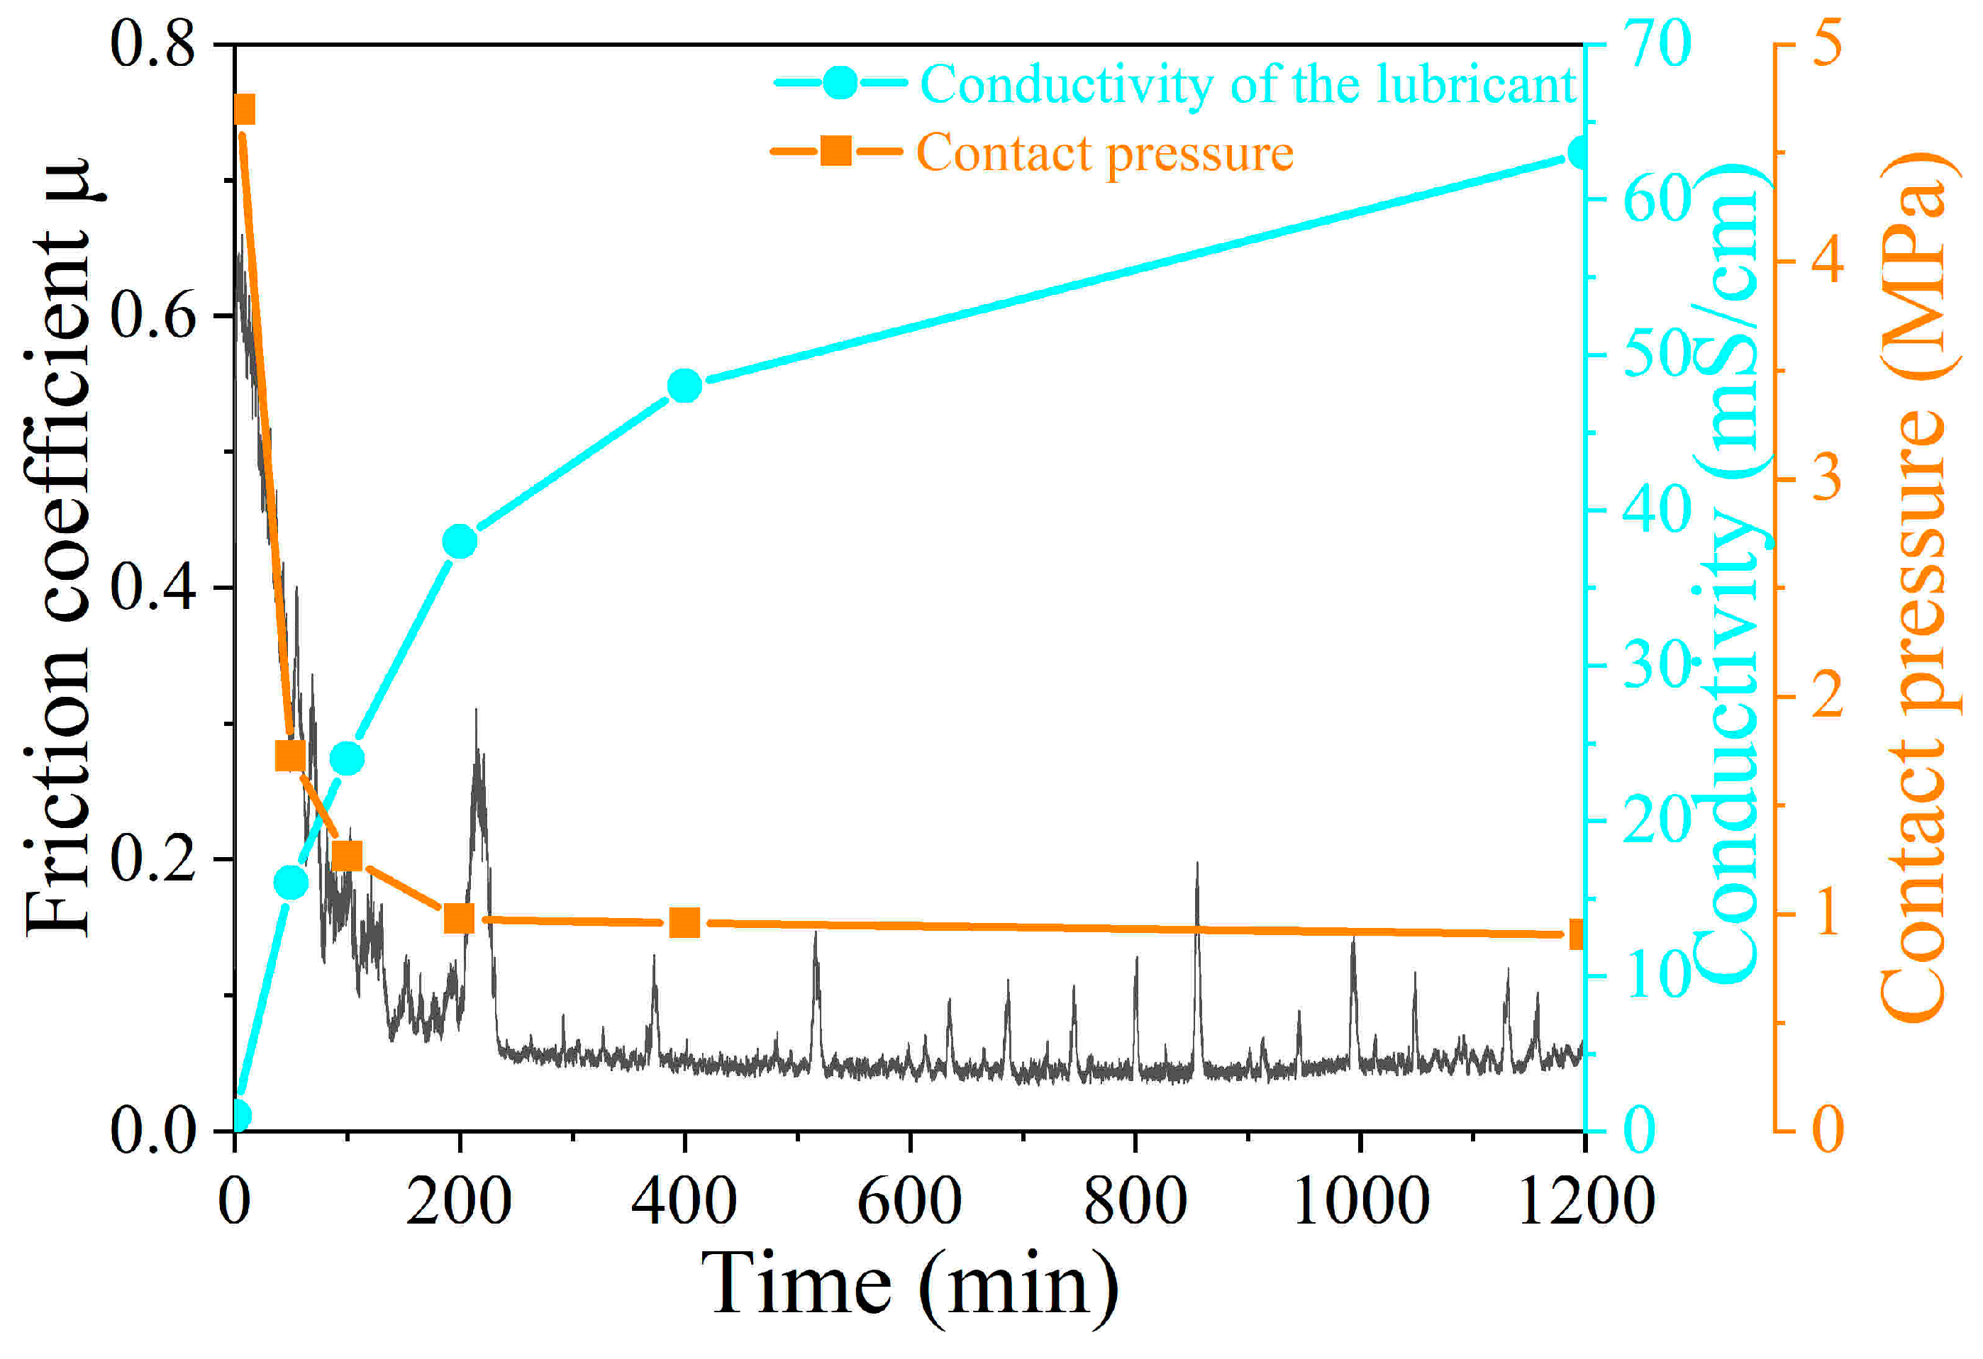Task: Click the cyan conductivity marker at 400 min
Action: [x=684, y=386]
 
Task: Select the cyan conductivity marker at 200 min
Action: [x=460, y=541]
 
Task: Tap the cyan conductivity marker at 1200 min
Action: [x=1580, y=154]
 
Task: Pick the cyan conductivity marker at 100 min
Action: [x=346, y=759]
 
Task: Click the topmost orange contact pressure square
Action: [x=244, y=111]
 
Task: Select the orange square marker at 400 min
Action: [x=684, y=922]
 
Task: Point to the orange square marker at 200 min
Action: [x=460, y=919]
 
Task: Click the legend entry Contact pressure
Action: [x=1104, y=154]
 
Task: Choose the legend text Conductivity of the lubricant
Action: [x=1248, y=84]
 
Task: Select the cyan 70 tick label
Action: [x=1656, y=45]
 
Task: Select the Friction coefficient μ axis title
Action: [x=60, y=546]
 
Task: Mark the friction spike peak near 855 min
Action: [x=1197, y=864]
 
